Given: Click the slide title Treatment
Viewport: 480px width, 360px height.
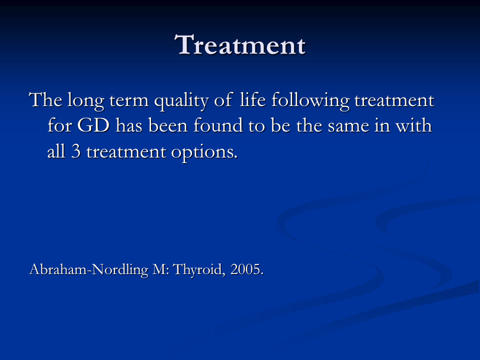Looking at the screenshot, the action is [240, 45].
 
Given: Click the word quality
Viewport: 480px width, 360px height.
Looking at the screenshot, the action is [181, 101].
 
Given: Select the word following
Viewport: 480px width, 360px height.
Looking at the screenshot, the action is [310, 101].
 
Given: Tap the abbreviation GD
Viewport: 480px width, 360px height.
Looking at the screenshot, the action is [93, 125].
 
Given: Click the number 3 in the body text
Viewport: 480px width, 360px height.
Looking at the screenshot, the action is [76, 151].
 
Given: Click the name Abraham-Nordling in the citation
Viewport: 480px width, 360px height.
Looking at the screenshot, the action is [89, 270].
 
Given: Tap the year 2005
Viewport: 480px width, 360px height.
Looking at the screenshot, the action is [246, 269].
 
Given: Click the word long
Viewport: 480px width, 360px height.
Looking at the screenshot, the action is [86, 101].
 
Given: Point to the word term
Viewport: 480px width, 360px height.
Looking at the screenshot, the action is [129, 101].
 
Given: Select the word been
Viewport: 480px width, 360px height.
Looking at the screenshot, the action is [168, 125].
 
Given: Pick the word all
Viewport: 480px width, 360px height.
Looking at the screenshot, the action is [56, 151].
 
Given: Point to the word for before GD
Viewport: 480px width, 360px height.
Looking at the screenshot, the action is [59, 125].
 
